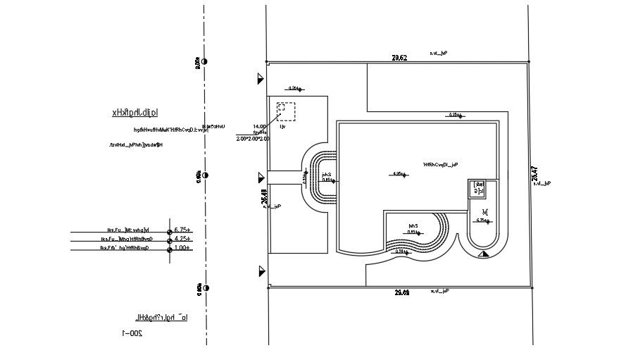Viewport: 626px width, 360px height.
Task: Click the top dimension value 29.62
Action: (399, 57)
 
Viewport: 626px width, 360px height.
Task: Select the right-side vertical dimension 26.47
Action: (534, 174)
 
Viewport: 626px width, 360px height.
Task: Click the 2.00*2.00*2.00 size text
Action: (253, 139)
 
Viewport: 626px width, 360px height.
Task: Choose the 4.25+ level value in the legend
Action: (183, 239)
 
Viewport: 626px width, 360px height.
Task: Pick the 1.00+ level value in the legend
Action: (183, 248)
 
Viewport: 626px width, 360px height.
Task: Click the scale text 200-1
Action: (132, 333)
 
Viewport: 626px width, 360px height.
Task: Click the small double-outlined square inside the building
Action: (477, 188)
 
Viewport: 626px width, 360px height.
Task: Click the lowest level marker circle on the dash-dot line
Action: (205, 287)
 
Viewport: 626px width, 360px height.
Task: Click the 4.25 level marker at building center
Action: (398, 174)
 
